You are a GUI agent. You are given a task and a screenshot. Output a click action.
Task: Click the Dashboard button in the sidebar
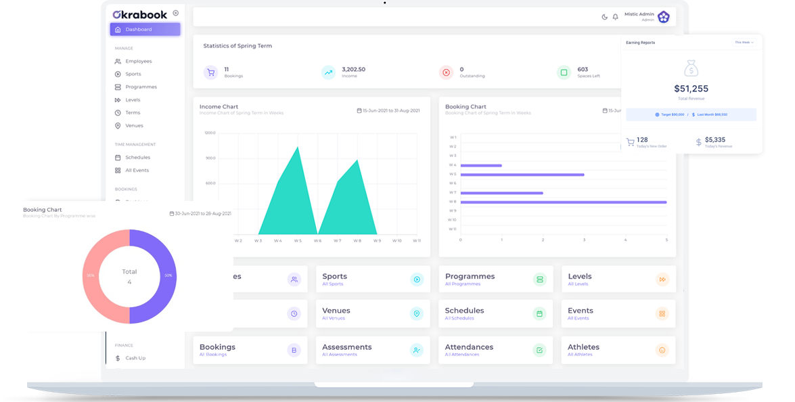(145, 29)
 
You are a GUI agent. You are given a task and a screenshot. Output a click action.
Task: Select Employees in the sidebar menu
(138, 62)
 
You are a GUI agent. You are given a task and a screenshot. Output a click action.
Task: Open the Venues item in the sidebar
(134, 126)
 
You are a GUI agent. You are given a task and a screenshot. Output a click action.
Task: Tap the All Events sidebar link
(137, 171)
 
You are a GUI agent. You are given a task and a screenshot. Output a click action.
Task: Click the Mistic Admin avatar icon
(664, 17)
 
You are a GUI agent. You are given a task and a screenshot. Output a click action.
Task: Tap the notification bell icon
(615, 17)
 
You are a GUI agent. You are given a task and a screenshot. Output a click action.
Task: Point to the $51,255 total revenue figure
(691, 89)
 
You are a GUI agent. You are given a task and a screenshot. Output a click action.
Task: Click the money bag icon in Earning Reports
(691, 68)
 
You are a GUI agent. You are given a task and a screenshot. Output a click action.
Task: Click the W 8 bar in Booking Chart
(563, 202)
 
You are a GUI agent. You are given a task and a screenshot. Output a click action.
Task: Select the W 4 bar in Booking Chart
(481, 165)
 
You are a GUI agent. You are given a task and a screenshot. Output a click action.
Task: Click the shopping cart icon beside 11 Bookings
(211, 72)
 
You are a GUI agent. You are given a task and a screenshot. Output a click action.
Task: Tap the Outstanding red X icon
(446, 72)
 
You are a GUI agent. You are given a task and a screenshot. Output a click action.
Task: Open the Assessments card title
(346, 347)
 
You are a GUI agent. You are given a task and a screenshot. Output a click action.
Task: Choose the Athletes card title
(583, 347)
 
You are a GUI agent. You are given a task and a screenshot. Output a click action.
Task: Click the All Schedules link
(459, 318)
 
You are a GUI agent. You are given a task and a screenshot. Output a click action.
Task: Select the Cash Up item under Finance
(135, 358)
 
